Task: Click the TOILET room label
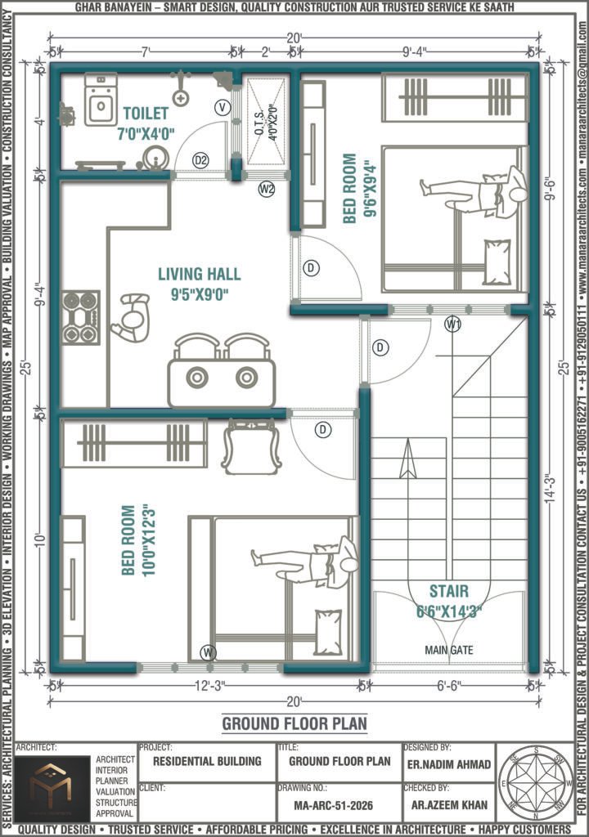click(x=146, y=113)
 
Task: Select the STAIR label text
click(x=448, y=591)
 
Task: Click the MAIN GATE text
click(x=448, y=651)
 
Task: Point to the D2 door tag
click(x=200, y=160)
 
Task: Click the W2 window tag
click(x=266, y=190)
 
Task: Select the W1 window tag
click(x=452, y=325)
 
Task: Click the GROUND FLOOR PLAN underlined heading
click(x=294, y=724)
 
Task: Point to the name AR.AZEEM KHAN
click(x=448, y=805)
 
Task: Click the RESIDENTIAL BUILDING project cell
click(x=208, y=761)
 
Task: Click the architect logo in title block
click(x=50, y=787)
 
